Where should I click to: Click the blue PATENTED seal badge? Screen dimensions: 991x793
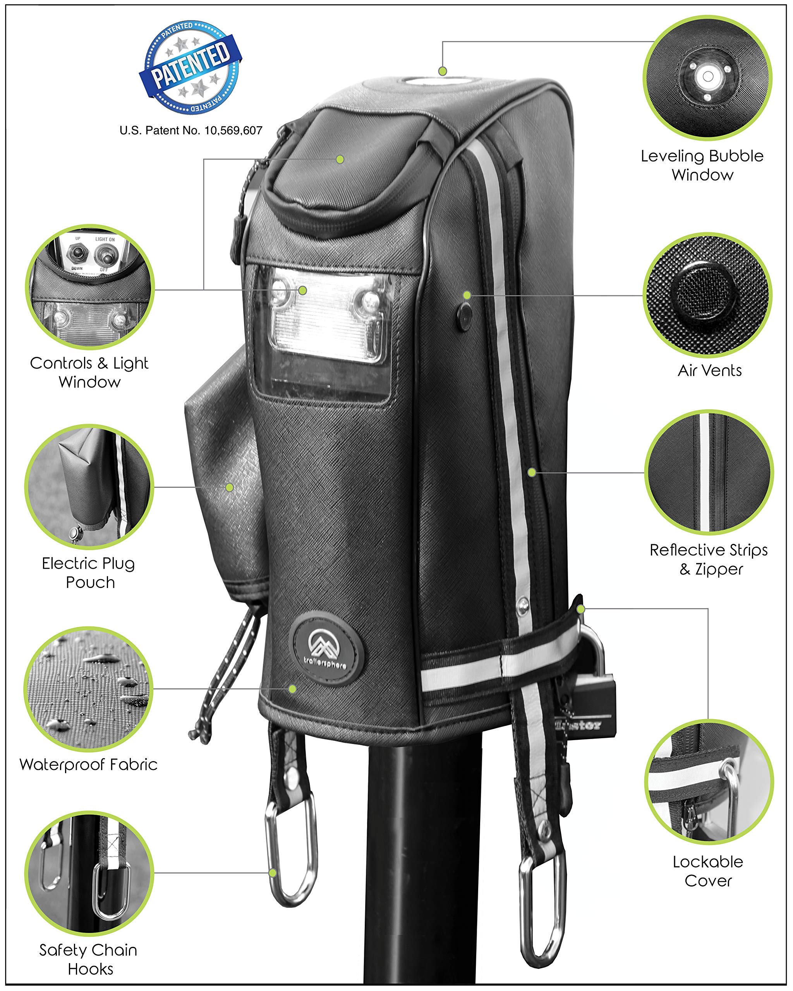pos(191,67)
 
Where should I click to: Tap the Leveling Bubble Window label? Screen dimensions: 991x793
pos(702,165)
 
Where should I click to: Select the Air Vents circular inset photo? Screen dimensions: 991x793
pos(707,295)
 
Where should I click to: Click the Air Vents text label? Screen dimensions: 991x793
pos(709,370)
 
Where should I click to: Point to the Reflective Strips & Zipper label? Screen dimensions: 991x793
pos(709,559)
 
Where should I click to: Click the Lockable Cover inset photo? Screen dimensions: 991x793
pos(709,782)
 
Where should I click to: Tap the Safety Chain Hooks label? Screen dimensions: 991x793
pos(89,959)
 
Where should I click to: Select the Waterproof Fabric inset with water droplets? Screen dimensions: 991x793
pos(89,689)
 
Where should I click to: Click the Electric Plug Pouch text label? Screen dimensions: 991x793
pos(89,573)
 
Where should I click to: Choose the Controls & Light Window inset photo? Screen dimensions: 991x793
pos(90,288)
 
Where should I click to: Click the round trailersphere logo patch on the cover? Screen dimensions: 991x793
pos(327,648)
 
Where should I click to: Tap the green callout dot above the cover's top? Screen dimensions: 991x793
pos(442,71)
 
